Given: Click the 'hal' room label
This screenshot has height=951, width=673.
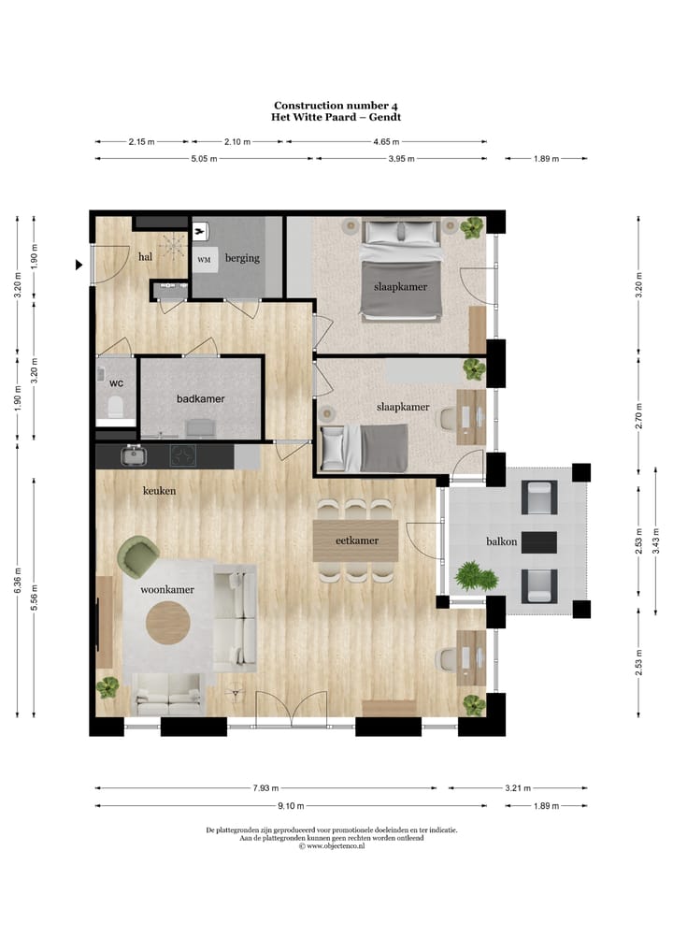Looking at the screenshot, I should tap(145, 257).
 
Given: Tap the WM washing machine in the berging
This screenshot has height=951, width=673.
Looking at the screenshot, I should tap(204, 259).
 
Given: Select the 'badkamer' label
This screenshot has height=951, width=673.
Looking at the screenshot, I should tap(201, 398).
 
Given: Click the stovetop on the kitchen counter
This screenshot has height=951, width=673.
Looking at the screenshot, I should tap(182, 456).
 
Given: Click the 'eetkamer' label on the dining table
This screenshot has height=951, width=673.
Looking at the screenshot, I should tap(356, 541).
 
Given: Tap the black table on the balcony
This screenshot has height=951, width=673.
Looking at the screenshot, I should tap(539, 541).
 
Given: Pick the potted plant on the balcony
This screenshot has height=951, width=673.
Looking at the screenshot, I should tap(472, 576).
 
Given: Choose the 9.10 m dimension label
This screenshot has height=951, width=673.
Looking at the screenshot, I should tap(290, 806).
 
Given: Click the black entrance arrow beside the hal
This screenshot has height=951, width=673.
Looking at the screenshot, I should tap(79, 266).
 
